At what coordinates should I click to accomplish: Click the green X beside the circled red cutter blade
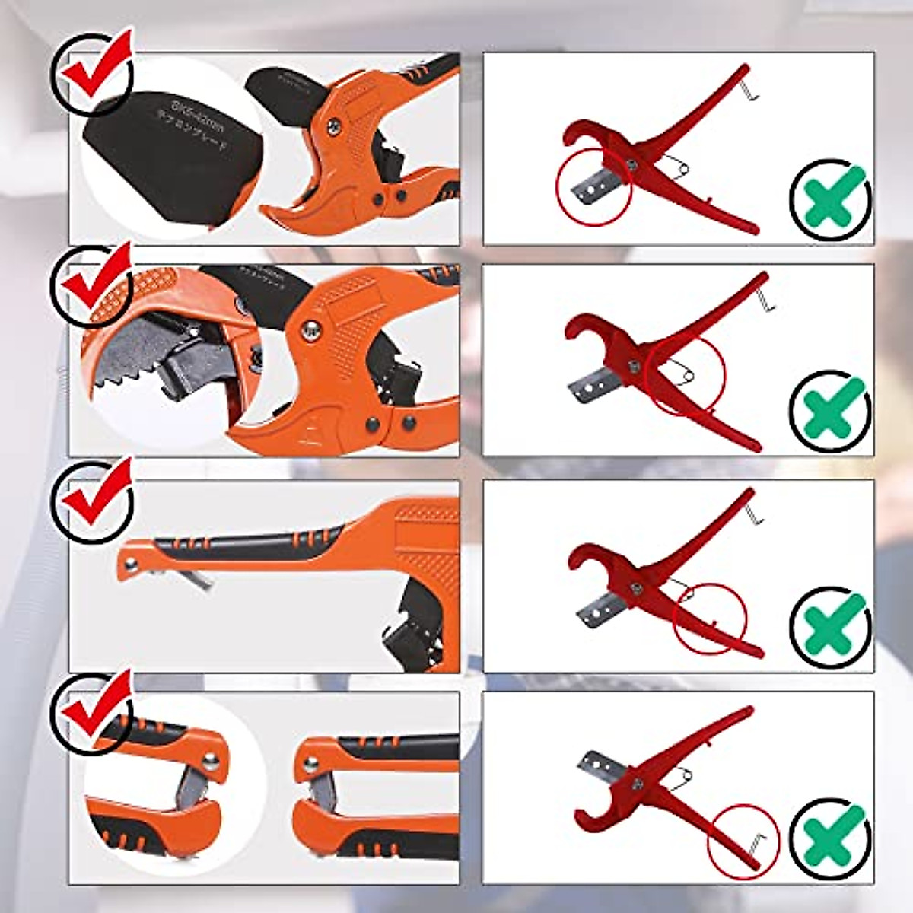tap(830, 196)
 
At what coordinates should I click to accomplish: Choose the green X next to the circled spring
tap(830, 409)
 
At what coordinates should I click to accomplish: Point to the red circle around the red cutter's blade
tap(594, 186)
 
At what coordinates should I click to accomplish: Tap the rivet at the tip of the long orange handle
tap(132, 562)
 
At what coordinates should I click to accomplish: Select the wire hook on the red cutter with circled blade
tap(749, 91)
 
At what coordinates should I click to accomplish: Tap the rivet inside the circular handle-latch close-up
tap(212, 759)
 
